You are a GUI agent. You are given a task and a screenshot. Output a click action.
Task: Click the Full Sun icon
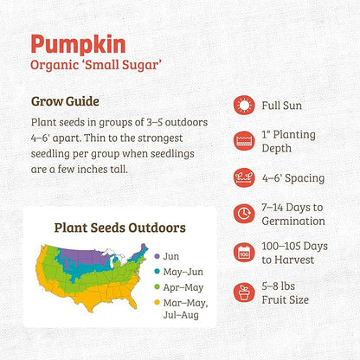click(245, 105)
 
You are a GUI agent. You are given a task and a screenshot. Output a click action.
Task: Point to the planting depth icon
click(245, 141)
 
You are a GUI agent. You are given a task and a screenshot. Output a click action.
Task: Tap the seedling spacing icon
click(245, 178)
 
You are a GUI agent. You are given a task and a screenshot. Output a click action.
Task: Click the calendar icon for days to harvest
click(245, 252)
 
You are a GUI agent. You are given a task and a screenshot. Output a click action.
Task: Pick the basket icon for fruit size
click(245, 289)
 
